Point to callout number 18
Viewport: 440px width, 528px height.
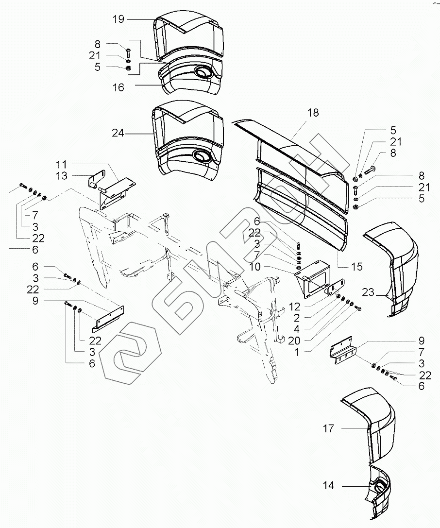pyautogui.click(x=313, y=113)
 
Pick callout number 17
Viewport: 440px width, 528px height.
pyautogui.click(x=329, y=428)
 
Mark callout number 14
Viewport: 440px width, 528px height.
pyautogui.click(x=329, y=486)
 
